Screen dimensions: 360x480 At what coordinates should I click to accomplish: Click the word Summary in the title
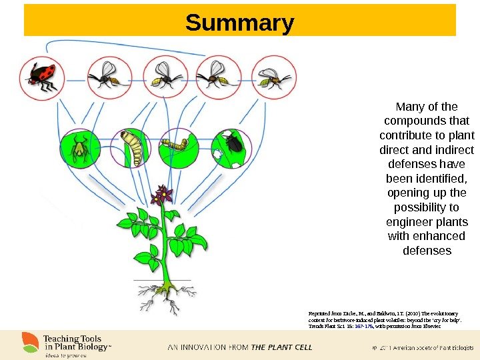point(239,23)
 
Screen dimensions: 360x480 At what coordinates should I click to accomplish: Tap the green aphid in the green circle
point(81,147)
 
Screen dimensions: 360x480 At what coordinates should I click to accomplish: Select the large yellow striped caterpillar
point(134,148)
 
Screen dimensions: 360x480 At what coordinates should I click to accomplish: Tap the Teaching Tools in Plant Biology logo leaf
point(31,341)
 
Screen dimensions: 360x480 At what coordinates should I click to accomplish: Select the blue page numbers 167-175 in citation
point(361,327)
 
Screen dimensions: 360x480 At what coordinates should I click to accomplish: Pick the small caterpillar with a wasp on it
point(178,144)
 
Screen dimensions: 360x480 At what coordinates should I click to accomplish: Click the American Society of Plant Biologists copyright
point(422,348)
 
